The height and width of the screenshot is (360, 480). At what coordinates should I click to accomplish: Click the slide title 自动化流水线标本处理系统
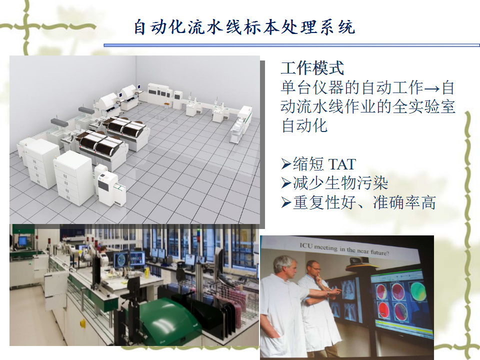point(244,27)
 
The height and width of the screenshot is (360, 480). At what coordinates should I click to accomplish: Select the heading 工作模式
point(312,67)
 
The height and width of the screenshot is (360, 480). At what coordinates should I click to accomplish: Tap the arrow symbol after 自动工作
point(432,88)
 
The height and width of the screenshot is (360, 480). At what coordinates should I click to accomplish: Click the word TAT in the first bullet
point(342,164)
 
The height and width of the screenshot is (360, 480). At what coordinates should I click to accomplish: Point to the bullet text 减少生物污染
point(340,183)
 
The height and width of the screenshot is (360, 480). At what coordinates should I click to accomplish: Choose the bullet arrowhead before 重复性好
point(286,202)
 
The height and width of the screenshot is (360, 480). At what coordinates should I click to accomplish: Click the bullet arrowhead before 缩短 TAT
point(286,164)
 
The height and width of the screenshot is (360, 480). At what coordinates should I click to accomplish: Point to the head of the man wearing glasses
point(313,269)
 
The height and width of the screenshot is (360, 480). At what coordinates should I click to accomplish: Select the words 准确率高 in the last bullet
point(404,202)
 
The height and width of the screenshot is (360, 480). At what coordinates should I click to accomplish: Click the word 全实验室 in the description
point(423,106)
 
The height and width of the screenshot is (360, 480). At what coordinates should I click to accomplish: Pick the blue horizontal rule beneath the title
point(291,45)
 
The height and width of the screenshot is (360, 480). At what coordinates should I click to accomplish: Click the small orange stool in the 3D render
point(166,105)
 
